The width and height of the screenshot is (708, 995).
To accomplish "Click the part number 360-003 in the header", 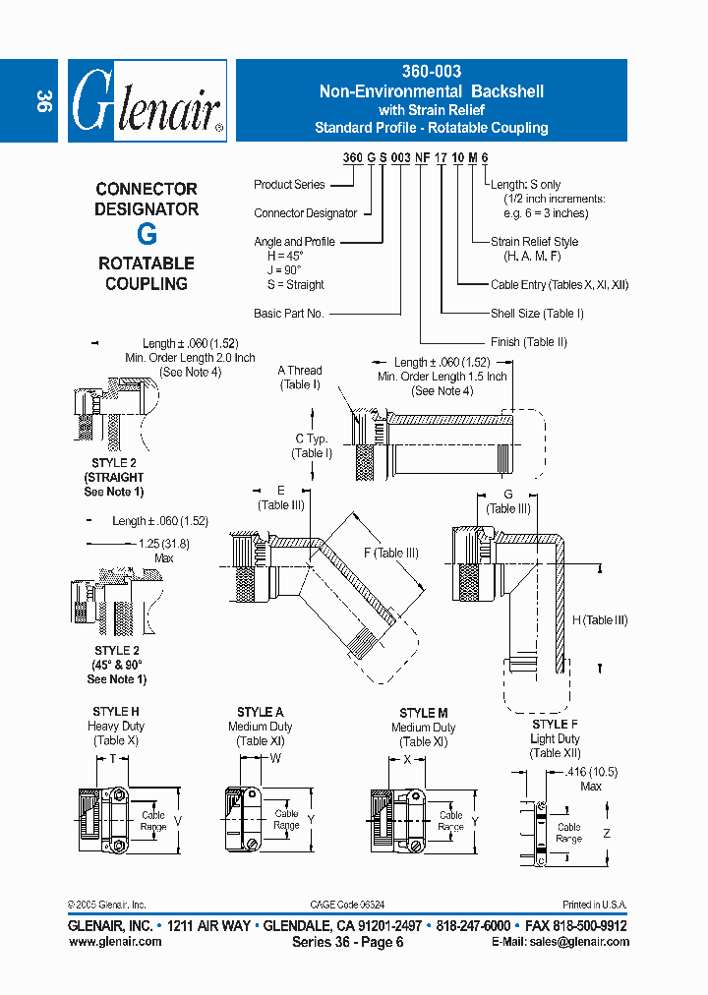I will pos(431,72).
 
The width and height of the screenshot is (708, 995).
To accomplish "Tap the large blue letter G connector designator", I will pos(146,235).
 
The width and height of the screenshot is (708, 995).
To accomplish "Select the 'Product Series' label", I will pos(289,184).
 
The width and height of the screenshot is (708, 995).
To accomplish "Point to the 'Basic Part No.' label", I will pos(289,314).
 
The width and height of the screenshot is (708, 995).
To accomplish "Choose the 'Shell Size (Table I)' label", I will pos(537,314).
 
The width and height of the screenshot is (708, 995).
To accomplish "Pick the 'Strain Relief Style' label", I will pos(534,242).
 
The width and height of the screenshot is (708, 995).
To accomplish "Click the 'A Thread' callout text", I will pos(299,371).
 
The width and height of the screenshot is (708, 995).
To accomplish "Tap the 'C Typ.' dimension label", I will pos(312,439).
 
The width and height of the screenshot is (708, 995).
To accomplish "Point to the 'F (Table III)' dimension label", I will pos(390,553).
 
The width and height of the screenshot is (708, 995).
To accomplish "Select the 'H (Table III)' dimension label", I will pos(600,620).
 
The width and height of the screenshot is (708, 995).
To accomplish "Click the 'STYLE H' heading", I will pos(116,712).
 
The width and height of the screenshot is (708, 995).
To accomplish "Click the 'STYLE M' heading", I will pos(424,713).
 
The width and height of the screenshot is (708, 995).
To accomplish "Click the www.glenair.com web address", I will pos(115,941).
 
